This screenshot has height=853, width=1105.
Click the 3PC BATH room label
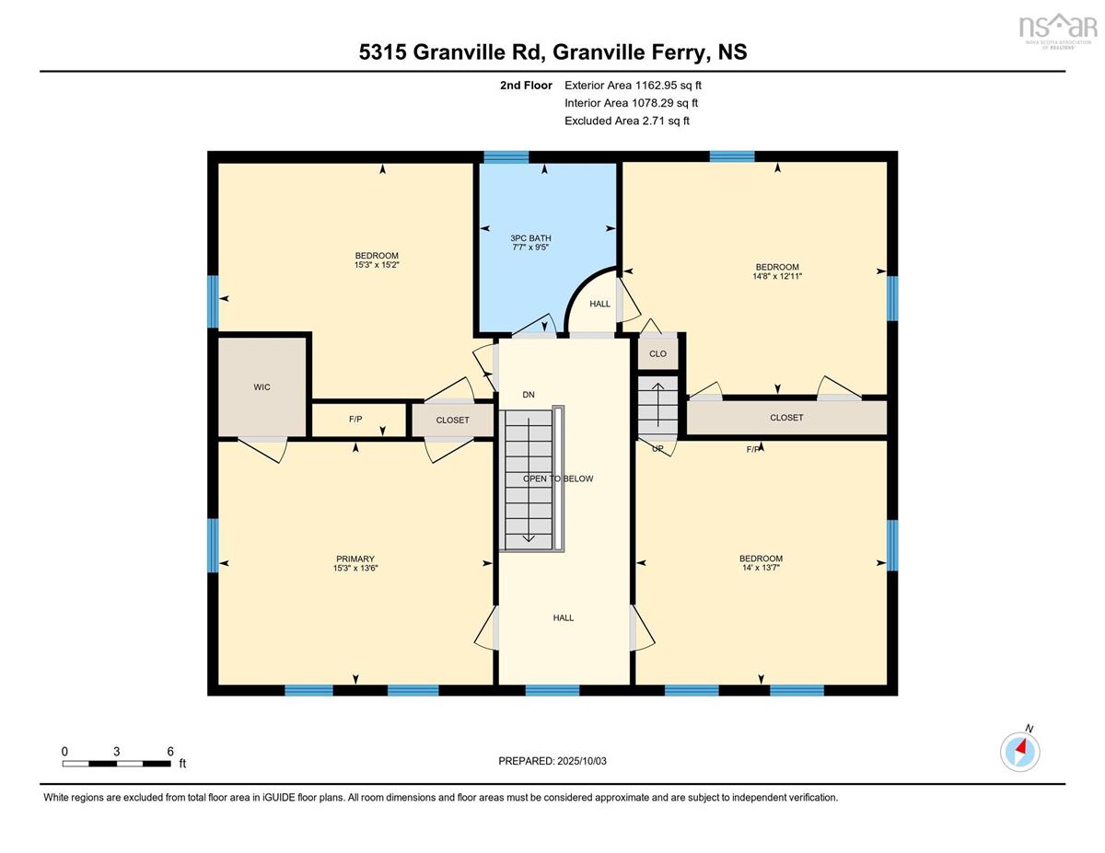tap(530, 238)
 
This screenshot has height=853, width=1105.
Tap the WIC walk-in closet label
tap(262, 387)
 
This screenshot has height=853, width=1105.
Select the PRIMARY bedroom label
tap(355, 559)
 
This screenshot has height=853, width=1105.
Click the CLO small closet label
tap(657, 353)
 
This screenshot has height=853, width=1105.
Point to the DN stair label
tap(529, 395)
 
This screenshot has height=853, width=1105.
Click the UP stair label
tap(657, 449)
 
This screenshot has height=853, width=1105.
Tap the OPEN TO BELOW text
tap(558, 478)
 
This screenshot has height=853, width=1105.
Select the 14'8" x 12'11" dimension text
tap(777, 276)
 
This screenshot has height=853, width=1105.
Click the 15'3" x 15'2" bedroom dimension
tap(377, 265)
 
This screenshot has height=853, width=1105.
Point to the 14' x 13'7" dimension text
tap(761, 568)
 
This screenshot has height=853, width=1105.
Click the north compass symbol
tap(1019, 752)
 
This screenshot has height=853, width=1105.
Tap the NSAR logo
tap(1054, 30)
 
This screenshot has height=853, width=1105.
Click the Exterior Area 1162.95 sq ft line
tap(633, 86)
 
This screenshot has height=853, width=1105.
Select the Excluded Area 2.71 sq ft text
tap(627, 121)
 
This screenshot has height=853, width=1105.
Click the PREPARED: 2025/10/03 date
tap(552, 761)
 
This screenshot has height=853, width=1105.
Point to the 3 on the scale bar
tap(116, 752)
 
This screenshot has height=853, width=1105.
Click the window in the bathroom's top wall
tap(506, 157)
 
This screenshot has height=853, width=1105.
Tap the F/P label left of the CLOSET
tap(355, 419)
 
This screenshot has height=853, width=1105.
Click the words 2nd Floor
tap(526, 86)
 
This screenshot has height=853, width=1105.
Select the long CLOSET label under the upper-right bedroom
tap(786, 418)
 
